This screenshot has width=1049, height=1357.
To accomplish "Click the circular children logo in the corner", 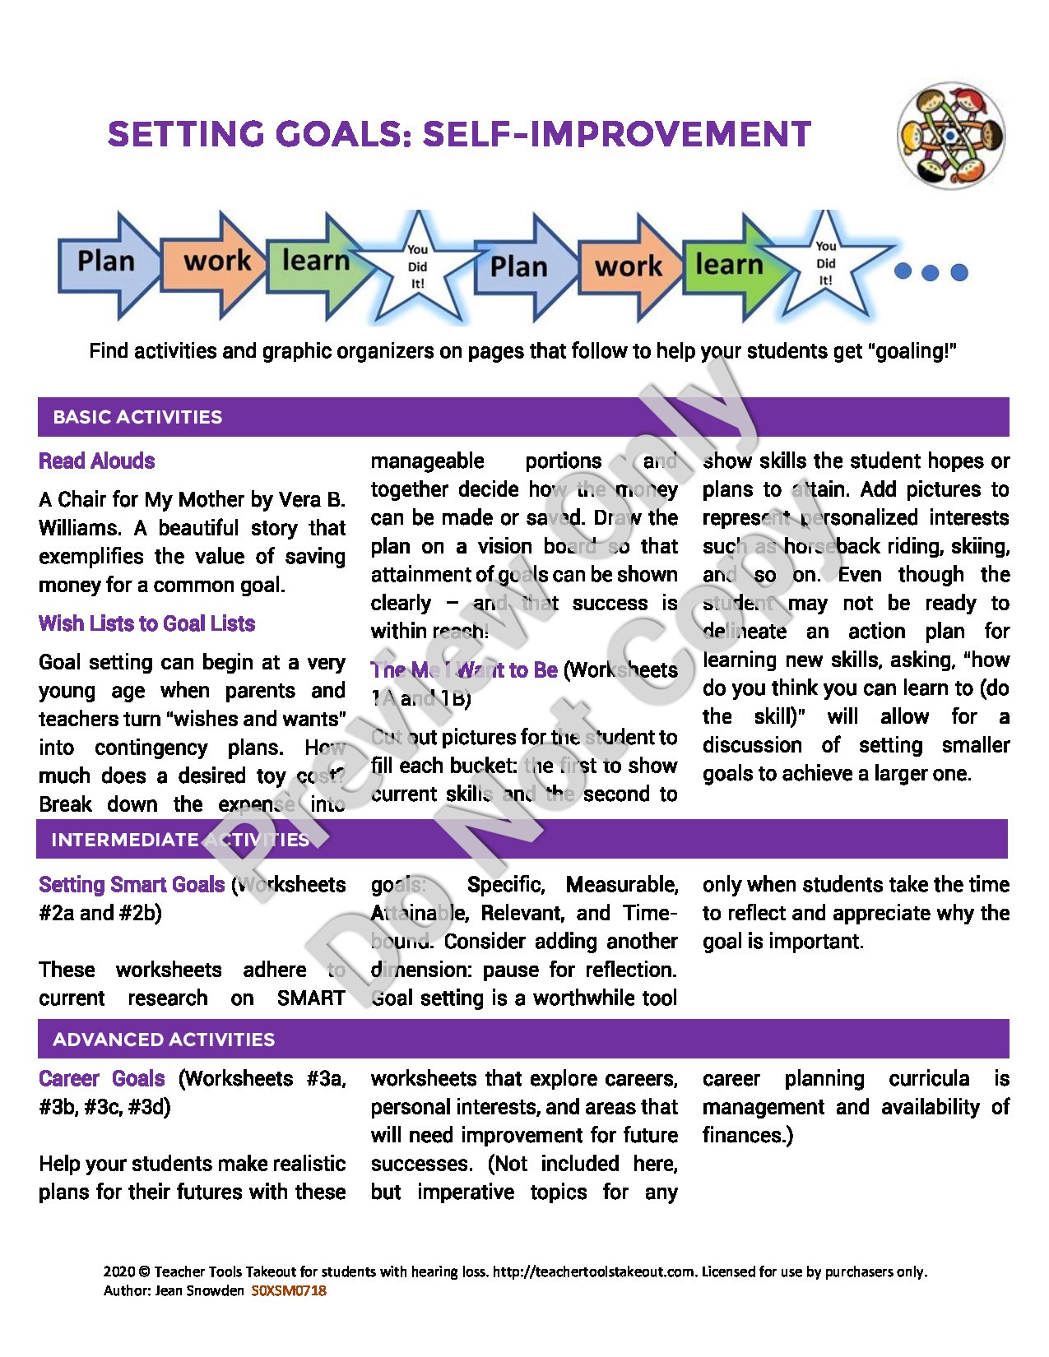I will point(951,136).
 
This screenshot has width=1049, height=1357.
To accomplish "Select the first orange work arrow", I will point(216,263).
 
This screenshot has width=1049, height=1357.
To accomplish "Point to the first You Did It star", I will point(418,266).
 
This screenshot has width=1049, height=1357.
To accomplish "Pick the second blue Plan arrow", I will point(520,266).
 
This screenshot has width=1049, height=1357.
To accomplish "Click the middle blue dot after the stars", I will point(931,272).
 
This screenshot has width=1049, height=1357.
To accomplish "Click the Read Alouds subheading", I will point(97,461).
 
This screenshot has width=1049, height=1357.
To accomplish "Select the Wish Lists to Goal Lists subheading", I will point(146,623).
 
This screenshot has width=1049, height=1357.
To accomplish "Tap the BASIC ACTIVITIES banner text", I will point(137,417).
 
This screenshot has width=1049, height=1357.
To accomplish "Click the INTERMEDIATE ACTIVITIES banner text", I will point(180,840).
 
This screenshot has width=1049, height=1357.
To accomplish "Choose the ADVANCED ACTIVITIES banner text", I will point(164,1040).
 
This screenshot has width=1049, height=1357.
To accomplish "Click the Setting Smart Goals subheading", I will point(132,885).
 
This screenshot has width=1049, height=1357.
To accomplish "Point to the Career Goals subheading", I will point(102,1079).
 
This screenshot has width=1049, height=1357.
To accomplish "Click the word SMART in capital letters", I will point(311,998).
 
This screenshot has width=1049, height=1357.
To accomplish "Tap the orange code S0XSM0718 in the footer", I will point(289,1290).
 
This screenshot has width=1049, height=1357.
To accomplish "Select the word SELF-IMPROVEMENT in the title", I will point(616,135).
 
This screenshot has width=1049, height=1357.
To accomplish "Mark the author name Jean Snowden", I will point(199,1290).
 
